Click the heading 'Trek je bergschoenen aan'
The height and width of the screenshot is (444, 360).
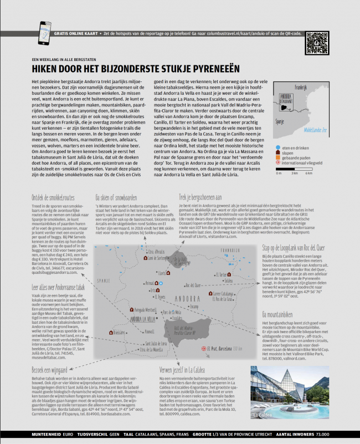tap(200, 197)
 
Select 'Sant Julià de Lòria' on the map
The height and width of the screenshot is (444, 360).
tap(146, 344)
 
